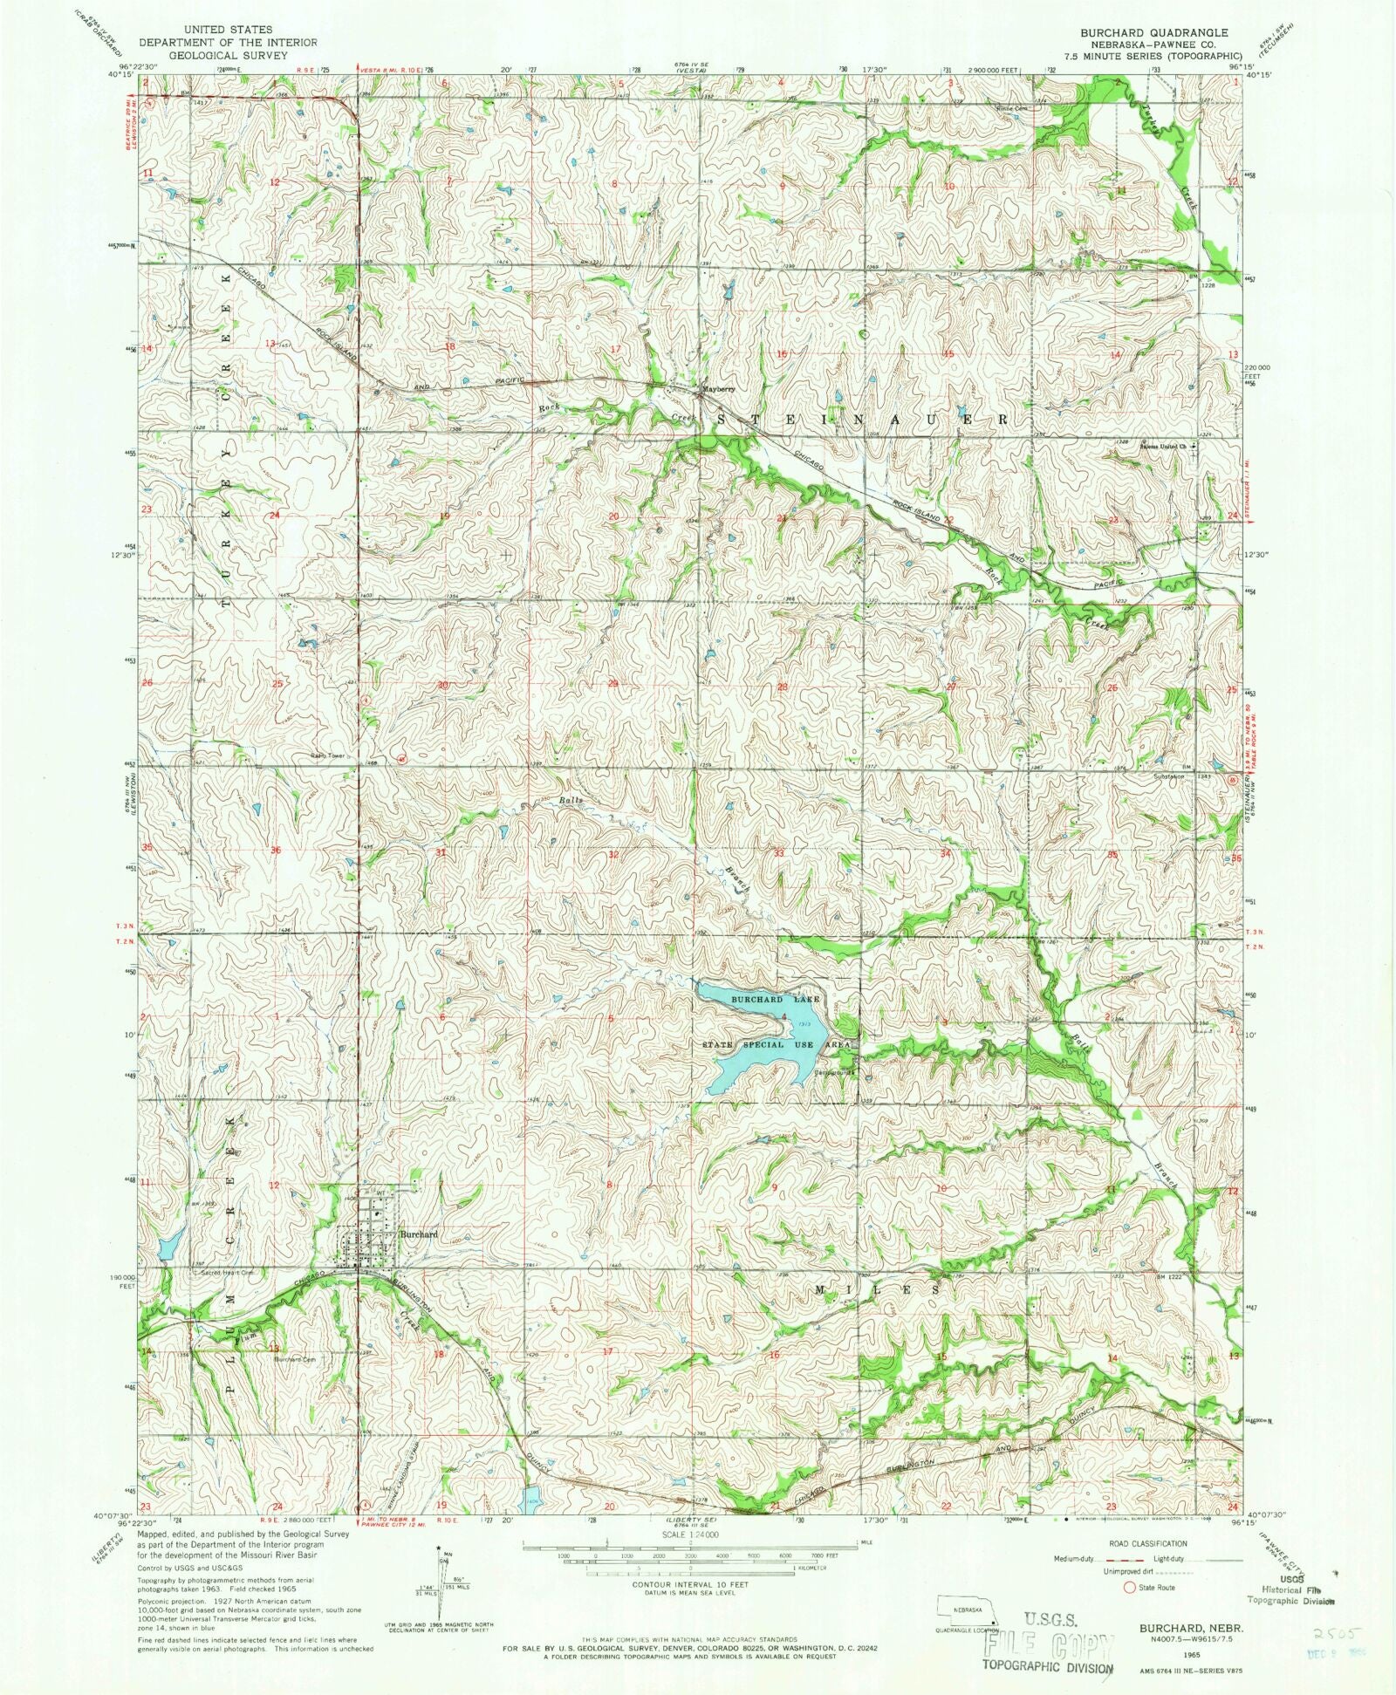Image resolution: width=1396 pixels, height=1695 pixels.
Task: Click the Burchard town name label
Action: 418,1234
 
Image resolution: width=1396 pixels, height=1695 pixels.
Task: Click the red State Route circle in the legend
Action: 1131,1588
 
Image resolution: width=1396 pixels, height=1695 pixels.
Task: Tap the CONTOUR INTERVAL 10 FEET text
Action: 690,1585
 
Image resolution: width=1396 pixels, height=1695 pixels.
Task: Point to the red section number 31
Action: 441,853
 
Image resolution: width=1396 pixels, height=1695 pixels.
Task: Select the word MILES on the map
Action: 878,1288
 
